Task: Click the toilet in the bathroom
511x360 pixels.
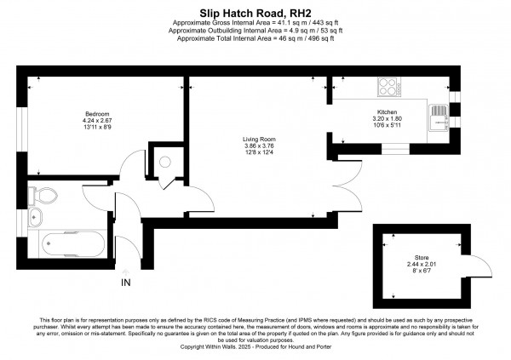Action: (x=48, y=195)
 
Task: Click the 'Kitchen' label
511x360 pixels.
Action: (x=388, y=111)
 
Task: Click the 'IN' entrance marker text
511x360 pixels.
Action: (x=125, y=283)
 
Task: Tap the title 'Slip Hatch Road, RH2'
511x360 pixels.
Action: (x=255, y=13)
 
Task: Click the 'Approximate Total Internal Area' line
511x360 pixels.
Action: (x=255, y=38)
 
